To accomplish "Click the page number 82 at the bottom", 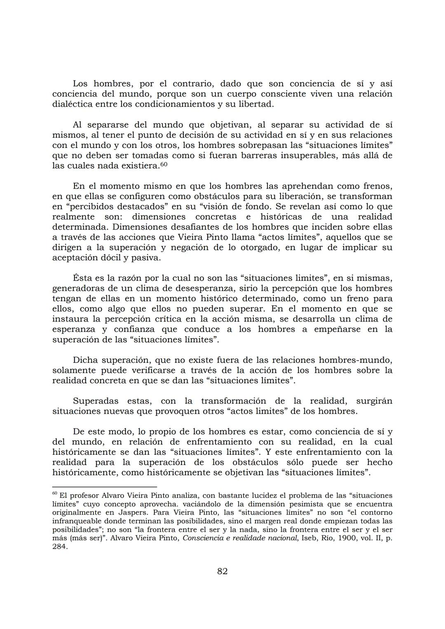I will (x=222, y=571).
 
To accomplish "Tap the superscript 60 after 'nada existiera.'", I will (x=164, y=164).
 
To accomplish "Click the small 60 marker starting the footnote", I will (x=54, y=493).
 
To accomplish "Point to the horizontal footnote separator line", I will (x=105, y=486).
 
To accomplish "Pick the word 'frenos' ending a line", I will (x=377, y=186).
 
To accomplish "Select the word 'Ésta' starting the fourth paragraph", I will (x=82, y=278).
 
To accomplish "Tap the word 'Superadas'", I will (x=95, y=401).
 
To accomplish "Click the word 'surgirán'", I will (x=374, y=401).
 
